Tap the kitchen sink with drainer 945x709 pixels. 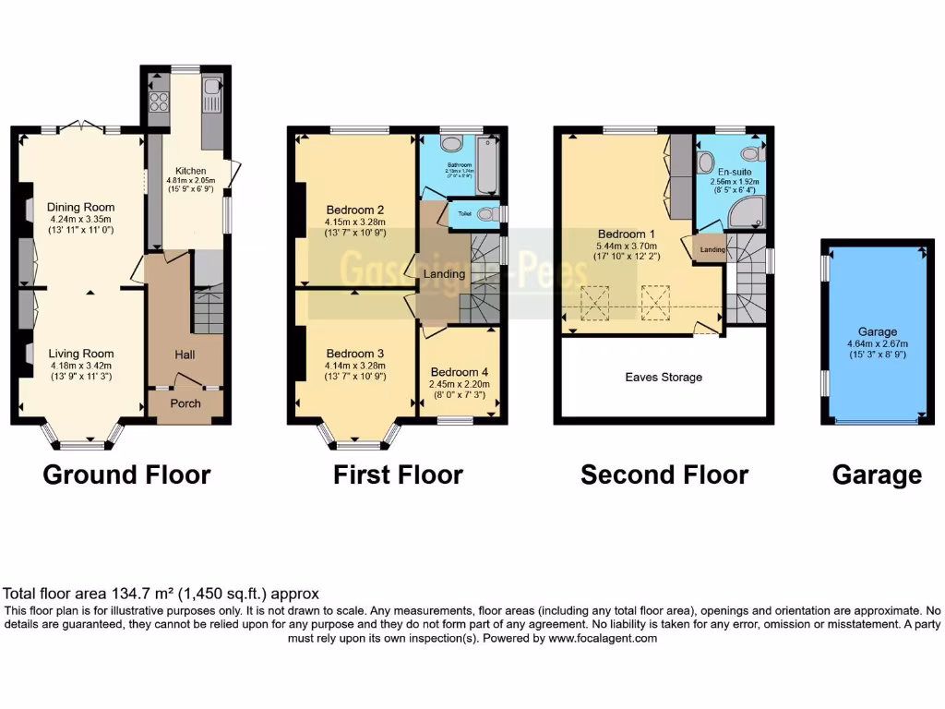click(x=211, y=96)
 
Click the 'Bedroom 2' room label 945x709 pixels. click(x=354, y=209)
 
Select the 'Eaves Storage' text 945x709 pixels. click(x=664, y=377)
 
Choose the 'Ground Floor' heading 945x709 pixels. click(x=126, y=475)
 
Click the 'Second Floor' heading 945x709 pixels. click(x=664, y=475)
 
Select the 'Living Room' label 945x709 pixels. click(x=82, y=353)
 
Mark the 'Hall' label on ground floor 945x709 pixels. click(x=185, y=354)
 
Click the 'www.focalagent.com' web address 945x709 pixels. click(x=602, y=638)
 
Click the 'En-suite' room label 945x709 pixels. click(x=731, y=172)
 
